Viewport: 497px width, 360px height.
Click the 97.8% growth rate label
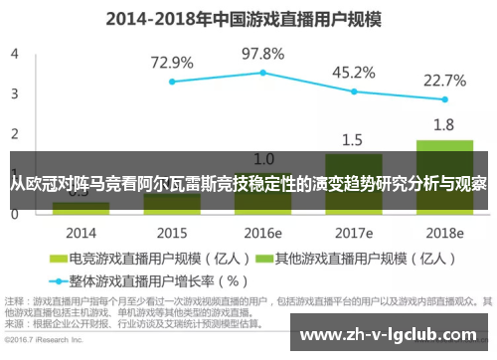(263, 52)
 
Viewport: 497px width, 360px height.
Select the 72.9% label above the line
(172, 62)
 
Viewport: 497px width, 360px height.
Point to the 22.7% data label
(444, 80)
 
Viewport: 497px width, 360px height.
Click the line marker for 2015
(172, 82)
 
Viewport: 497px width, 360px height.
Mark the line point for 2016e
(263, 73)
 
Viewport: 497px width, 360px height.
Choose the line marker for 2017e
(354, 91)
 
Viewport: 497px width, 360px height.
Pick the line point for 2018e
(444, 99)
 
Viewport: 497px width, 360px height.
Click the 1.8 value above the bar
(444, 125)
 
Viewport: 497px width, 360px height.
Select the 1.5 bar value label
(354, 139)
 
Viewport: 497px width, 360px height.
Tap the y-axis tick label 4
(15, 55)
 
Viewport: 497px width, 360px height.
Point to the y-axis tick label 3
(15, 94)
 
